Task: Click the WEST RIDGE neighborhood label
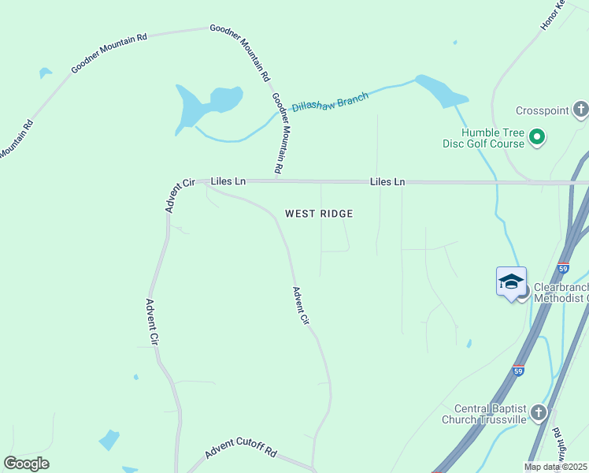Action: point(319,214)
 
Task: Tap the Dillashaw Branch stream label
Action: point(330,102)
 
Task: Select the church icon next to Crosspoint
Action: point(580,110)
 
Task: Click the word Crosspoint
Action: point(542,111)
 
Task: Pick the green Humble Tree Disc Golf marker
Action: point(538,138)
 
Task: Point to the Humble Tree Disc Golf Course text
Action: point(493,138)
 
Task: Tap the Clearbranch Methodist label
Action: point(561,292)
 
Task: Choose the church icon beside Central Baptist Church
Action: point(538,412)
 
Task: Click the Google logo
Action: point(26,464)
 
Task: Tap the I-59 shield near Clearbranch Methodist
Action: point(562,268)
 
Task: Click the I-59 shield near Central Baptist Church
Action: point(517,370)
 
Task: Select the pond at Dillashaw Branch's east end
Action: point(441,91)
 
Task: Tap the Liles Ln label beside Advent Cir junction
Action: point(228,181)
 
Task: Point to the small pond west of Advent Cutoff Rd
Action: point(109,439)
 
